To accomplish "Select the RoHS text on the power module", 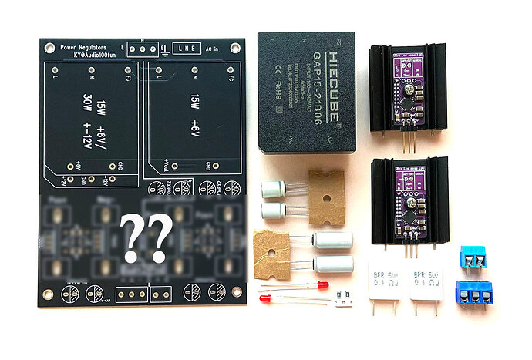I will pos(273,109).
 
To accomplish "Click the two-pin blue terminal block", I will pos(472,259).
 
